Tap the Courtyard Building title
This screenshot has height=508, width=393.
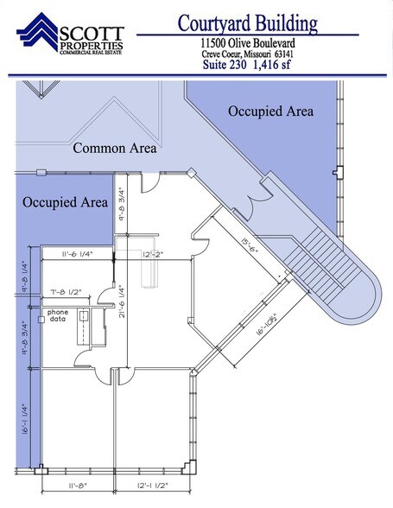click(x=247, y=23)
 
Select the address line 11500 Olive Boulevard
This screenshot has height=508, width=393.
click(x=247, y=42)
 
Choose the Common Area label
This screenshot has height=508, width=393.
click(x=114, y=148)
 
